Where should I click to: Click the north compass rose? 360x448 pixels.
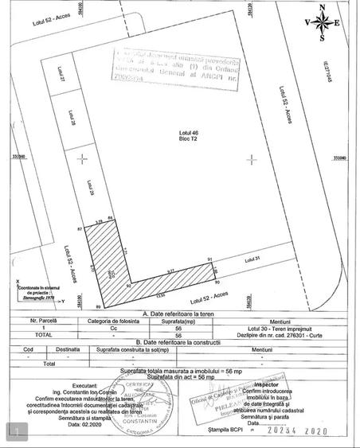click(x=323, y=22)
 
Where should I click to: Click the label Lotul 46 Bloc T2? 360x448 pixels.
click(x=188, y=134)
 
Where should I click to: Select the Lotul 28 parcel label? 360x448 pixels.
click(x=72, y=119)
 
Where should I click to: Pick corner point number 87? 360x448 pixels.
click(x=80, y=229)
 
